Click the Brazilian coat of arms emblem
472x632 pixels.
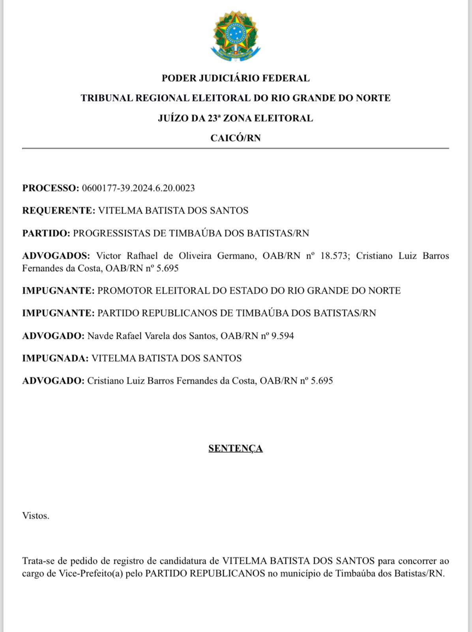[236, 36]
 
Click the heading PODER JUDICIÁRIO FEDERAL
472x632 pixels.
[236, 78]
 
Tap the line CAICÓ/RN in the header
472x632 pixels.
[236, 138]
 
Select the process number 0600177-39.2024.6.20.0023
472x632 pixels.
[138, 188]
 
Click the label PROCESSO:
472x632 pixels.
[51, 188]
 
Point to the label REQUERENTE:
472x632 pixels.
[58, 210]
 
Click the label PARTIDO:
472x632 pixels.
[46, 233]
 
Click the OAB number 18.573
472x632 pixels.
[334, 256]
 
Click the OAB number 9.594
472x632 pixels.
[283, 336]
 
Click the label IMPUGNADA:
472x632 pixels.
[55, 358]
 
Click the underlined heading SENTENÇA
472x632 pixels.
[236, 448]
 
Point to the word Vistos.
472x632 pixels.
[36, 516]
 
